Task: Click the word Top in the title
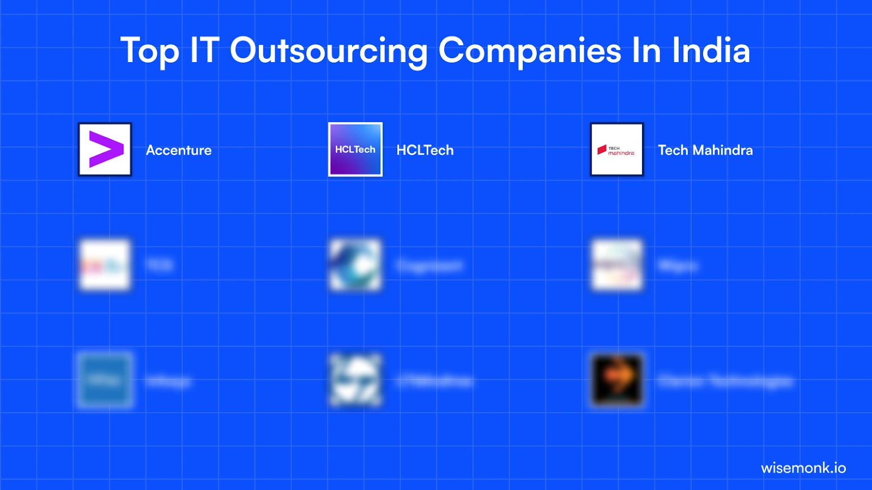[150, 51]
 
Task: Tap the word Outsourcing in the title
[329, 51]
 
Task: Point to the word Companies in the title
[530, 51]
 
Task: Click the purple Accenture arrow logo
[105, 150]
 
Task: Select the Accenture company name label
[179, 150]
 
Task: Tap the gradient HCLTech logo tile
[355, 150]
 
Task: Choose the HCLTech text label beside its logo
[425, 150]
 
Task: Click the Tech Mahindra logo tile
[617, 150]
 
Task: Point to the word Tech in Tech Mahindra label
[673, 150]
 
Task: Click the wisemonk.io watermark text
[803, 468]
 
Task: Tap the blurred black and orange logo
[617, 380]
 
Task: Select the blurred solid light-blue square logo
[105, 380]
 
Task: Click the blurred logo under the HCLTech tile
[355, 265]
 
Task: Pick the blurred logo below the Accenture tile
[105, 265]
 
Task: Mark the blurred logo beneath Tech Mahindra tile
[617, 265]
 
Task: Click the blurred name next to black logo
[726, 381]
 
